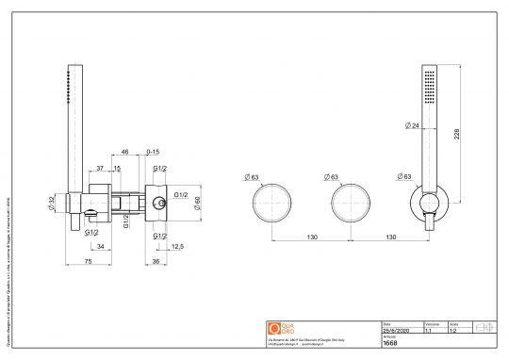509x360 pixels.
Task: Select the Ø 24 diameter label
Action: click(x=411, y=125)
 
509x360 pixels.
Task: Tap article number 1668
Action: click(x=390, y=345)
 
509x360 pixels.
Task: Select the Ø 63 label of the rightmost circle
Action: click(x=405, y=176)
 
